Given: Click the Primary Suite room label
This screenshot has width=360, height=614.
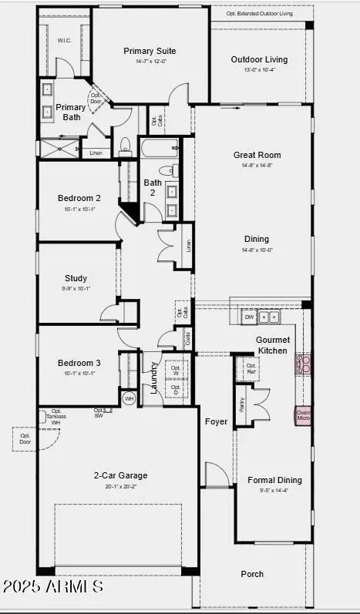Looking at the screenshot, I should [151, 51].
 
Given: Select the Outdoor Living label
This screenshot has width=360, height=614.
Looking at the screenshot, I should [259, 59].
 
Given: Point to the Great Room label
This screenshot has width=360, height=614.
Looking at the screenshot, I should [255, 155].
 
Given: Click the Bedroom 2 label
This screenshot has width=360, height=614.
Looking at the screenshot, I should [79, 198].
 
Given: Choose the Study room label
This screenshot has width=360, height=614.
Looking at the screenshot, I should [76, 278].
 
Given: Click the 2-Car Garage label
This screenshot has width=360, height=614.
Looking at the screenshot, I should [120, 475].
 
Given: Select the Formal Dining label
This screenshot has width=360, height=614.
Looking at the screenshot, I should [275, 480].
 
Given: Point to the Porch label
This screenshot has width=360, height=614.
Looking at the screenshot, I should [252, 574].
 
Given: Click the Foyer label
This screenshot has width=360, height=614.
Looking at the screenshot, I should [215, 421].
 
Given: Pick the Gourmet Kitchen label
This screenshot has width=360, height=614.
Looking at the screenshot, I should [272, 345].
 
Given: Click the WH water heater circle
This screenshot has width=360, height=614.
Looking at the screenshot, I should [129, 398].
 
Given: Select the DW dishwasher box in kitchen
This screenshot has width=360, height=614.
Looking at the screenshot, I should [249, 317].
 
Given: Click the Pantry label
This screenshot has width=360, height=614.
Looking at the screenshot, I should [242, 404].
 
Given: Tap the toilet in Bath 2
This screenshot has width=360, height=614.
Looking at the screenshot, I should [165, 169].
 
